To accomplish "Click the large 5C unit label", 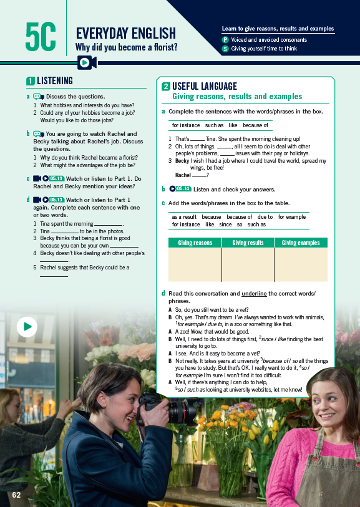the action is (x=41, y=37).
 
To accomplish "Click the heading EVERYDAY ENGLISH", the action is (x=125, y=34).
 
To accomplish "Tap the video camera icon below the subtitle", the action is (x=86, y=62).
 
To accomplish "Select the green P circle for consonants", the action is (x=225, y=40).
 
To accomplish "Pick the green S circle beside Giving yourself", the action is (x=225, y=49).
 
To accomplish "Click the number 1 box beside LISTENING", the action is (x=30, y=80).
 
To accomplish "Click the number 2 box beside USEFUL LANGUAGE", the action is (x=166, y=87).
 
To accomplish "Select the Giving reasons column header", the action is (x=195, y=243).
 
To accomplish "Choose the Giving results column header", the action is (x=248, y=243).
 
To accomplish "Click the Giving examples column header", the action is (x=301, y=243).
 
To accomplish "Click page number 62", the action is (x=16, y=495).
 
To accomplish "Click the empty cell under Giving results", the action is (x=248, y=264).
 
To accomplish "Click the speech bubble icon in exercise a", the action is (x=38, y=97).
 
